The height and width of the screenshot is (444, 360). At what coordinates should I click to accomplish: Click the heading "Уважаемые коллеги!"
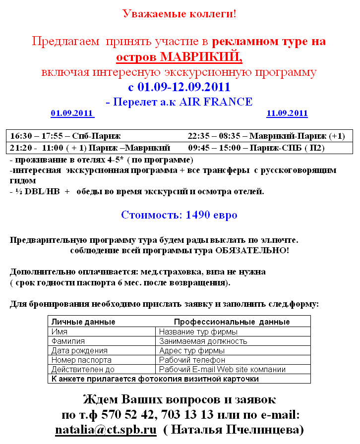coord(179,13)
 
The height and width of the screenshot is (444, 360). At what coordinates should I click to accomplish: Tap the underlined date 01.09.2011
coord(72,113)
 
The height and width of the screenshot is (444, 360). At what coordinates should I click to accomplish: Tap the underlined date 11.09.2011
coord(287,113)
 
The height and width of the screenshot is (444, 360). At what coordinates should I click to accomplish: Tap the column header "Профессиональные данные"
coord(232,322)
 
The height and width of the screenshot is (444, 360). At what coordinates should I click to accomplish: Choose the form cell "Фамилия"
coord(68,341)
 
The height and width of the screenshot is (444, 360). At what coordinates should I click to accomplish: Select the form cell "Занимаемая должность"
coord(203,341)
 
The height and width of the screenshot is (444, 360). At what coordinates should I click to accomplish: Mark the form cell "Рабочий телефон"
coord(192,360)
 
